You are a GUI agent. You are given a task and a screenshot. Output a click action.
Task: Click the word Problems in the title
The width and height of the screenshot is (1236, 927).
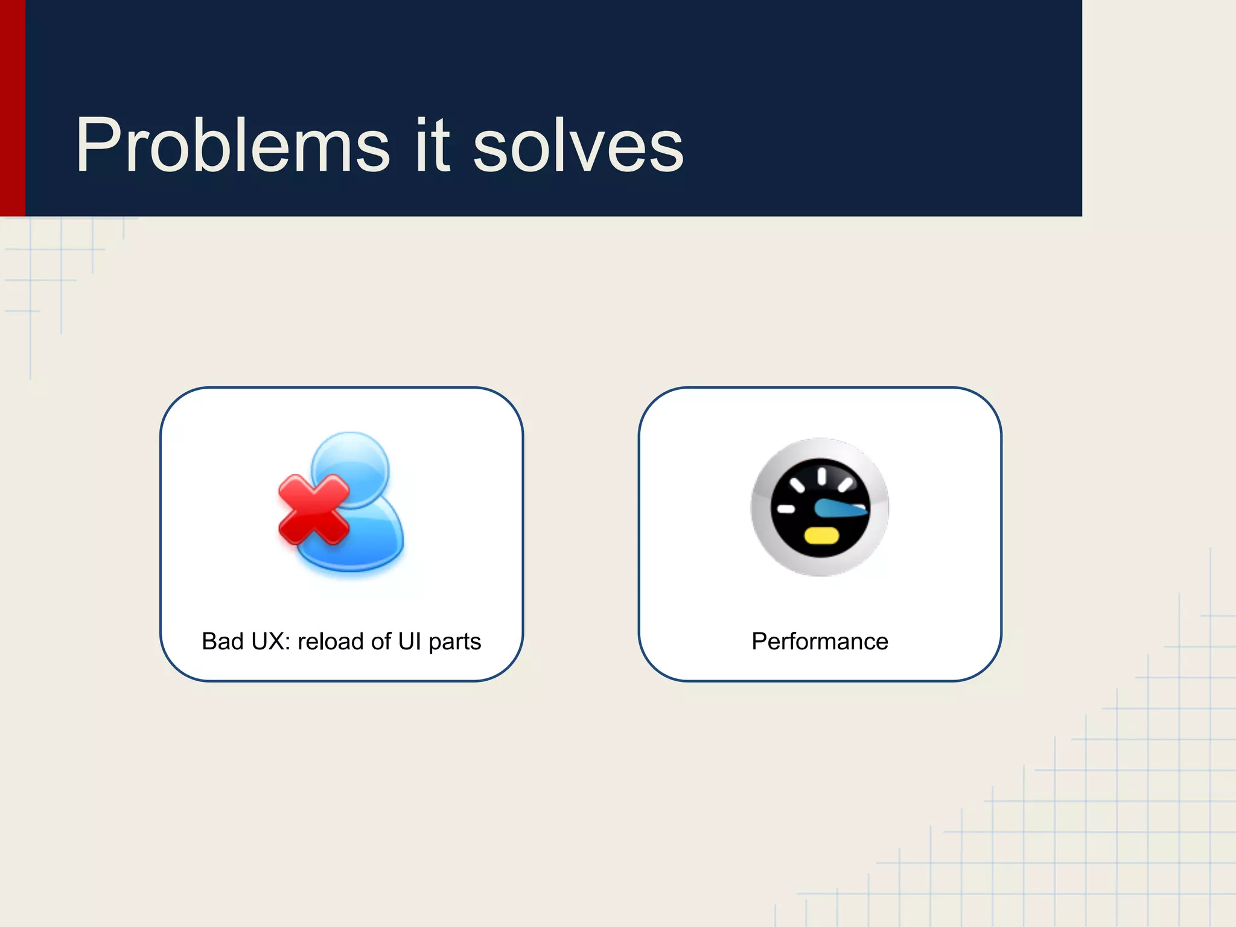[x=232, y=146]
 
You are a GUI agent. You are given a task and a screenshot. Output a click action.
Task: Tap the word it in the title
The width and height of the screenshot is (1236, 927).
[x=432, y=146]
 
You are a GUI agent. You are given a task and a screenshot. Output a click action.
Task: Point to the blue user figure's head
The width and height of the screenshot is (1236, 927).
[x=351, y=468]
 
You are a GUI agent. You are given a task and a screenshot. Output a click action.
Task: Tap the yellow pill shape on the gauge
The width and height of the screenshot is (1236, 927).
[x=821, y=535]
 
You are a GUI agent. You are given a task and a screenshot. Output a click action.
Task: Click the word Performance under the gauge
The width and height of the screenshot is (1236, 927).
[x=820, y=642]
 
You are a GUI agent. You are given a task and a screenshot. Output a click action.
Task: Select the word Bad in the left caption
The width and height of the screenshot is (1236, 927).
[x=222, y=642]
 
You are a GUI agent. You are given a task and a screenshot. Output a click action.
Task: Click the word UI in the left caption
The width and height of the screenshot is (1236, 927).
[x=409, y=642]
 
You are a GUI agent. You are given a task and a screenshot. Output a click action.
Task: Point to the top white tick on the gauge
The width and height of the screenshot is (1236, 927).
[x=821, y=476]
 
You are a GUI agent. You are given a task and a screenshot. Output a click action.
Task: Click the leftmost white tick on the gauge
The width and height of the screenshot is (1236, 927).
[x=786, y=509]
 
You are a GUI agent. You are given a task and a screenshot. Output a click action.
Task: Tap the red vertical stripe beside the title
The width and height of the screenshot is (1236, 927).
[x=12, y=109]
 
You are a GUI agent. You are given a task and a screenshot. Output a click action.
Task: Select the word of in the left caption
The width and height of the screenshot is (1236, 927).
[x=381, y=642]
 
